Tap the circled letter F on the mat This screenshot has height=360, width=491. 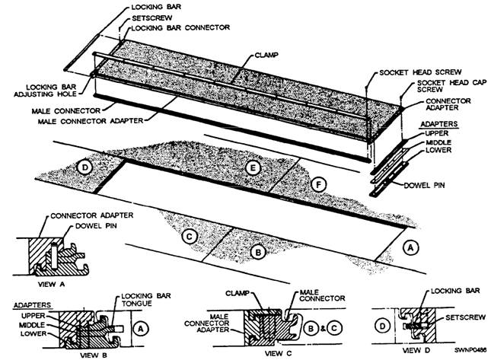(x=318, y=185)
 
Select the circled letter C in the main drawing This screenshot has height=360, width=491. (x=189, y=237)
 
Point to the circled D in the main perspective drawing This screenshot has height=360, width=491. (x=84, y=167)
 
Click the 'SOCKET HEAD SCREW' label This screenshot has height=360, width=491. (x=420, y=72)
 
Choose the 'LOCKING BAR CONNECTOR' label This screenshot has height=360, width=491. (x=180, y=28)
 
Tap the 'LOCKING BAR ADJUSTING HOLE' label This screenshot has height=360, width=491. (x=46, y=91)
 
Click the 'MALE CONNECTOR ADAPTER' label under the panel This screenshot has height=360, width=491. (x=91, y=121)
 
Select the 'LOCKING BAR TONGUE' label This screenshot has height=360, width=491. (x=146, y=299)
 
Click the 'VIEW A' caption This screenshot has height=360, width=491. (x=51, y=284)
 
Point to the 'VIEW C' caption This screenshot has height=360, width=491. (x=278, y=353)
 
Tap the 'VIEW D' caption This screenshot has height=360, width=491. (x=416, y=350)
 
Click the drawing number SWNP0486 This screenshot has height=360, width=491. (x=470, y=349)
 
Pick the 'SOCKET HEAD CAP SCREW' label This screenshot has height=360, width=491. (x=452, y=86)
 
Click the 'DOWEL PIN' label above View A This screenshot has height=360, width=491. (x=96, y=226)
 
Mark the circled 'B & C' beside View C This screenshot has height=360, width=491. (x=323, y=328)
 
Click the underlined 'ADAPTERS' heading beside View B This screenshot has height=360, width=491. (x=32, y=305)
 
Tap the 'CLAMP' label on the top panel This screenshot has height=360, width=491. (x=266, y=56)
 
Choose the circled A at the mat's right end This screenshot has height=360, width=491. (x=410, y=248)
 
